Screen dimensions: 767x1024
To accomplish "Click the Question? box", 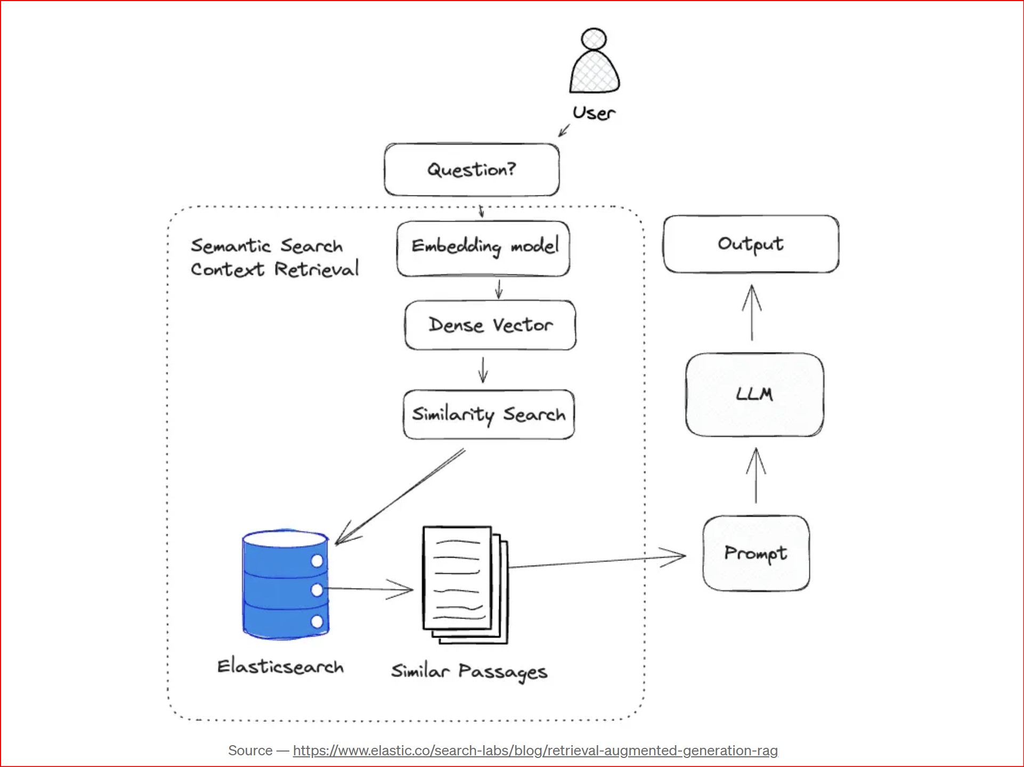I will (x=472, y=169).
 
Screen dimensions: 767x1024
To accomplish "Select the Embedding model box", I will (x=483, y=248).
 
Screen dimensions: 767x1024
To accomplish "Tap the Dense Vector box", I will (x=490, y=325).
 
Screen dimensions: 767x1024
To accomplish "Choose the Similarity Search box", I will (x=489, y=414).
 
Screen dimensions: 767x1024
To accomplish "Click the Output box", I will (x=751, y=244).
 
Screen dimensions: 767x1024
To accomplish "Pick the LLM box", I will (x=754, y=394).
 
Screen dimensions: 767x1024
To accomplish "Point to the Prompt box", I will (x=755, y=553).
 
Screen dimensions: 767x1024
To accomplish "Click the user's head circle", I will (x=594, y=39).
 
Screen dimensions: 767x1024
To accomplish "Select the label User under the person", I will (x=594, y=113).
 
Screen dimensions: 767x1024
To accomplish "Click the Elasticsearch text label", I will (x=280, y=667).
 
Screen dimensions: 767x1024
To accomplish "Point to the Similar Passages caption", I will (x=469, y=672).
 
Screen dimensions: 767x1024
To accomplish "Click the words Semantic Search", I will (x=266, y=246).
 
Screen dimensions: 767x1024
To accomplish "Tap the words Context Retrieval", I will (x=275, y=270).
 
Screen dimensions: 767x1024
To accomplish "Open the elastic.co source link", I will (x=535, y=750).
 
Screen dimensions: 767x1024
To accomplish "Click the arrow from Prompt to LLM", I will (x=755, y=475).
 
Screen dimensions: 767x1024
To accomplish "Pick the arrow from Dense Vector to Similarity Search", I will (x=483, y=370).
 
